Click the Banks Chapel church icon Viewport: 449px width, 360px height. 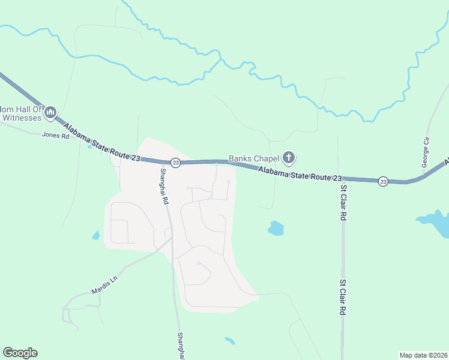click(x=289, y=158)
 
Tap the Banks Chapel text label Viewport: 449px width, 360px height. click(x=255, y=159)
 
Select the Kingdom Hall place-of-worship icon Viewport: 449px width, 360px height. click(x=50, y=112)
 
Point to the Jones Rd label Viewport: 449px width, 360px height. click(x=56, y=136)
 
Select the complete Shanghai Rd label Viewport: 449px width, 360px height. click(x=163, y=187)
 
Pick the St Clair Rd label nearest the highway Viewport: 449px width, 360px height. click(x=344, y=203)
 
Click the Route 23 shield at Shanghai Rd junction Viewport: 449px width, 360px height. click(x=175, y=163)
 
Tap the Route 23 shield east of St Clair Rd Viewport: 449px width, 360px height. click(x=382, y=181)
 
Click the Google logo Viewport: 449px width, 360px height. click(x=20, y=353)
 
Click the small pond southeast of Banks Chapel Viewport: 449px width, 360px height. click(x=276, y=228)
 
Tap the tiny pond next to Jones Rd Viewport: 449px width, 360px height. click(x=90, y=146)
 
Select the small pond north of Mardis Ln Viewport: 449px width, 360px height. click(x=95, y=235)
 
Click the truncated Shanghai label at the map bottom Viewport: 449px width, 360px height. click(x=180, y=346)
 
